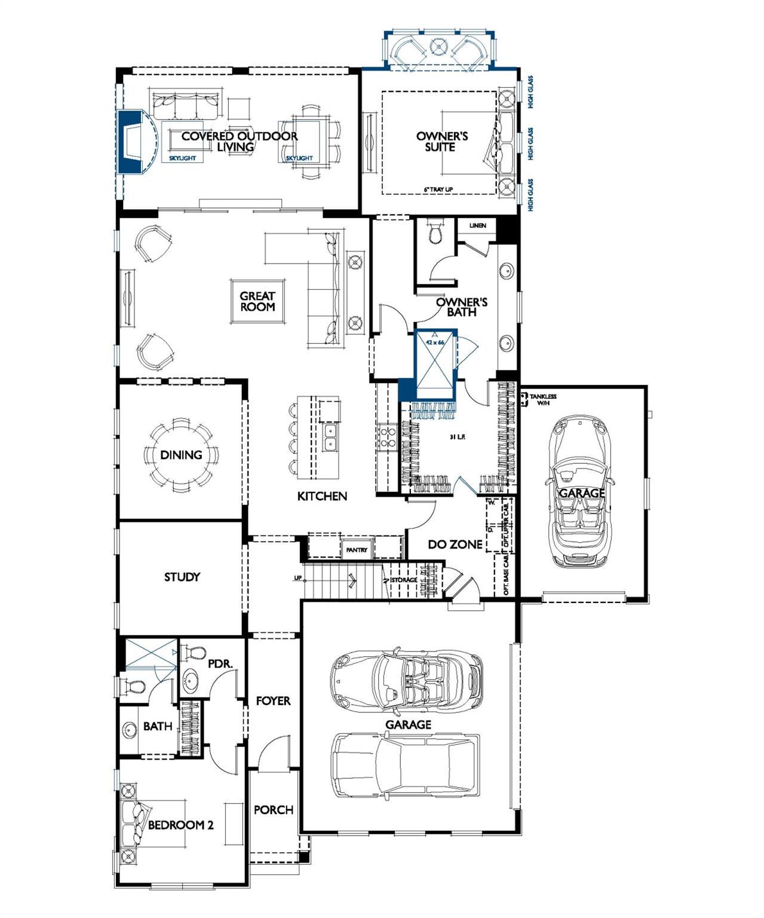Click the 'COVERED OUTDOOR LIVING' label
coord(239,141)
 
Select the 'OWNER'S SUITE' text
coord(442,142)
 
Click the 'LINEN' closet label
coord(477,225)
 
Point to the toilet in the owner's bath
coord(436,232)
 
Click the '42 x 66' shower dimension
coord(435,342)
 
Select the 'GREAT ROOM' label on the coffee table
coord(257,301)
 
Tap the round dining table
coord(181,455)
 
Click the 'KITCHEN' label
coord(322,496)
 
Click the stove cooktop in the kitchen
coord(386,436)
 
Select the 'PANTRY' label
coord(357,550)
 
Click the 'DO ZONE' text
coord(455,544)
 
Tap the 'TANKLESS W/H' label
coord(542,400)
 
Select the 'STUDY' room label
coord(182,577)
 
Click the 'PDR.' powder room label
coord(219,663)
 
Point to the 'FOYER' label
coord(273,700)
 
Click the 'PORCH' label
coord(274,810)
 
